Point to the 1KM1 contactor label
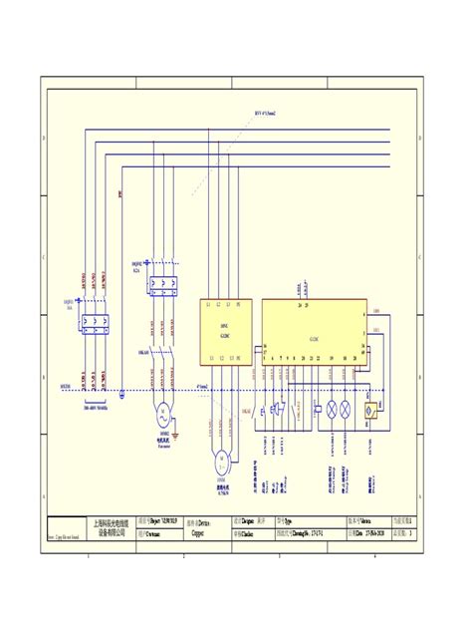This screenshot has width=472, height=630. coord(143,353)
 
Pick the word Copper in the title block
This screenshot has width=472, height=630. coord(201,533)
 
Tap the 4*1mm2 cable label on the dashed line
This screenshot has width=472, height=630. coord(202,386)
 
